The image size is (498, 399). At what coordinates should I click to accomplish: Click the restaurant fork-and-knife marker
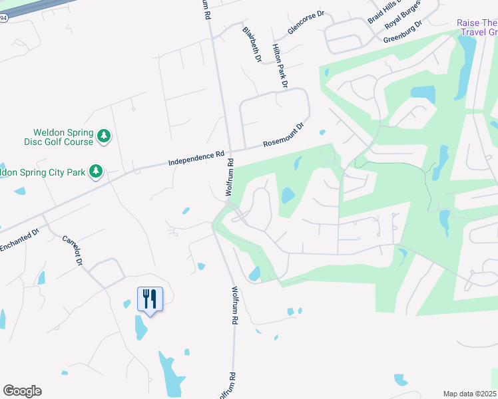pyautogui.click(x=149, y=299)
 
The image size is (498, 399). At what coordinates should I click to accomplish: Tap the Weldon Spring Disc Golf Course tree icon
pyautogui.click(x=103, y=136)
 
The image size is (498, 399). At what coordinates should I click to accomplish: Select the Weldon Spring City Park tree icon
pyautogui.click(x=96, y=172)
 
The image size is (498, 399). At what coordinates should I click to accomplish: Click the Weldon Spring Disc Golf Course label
pyautogui.click(x=63, y=137)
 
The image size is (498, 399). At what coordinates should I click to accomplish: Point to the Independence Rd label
pyautogui.click(x=196, y=157)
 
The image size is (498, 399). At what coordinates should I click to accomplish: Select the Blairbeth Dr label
pyautogui.click(x=252, y=45)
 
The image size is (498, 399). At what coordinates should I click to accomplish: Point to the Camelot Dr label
pyautogui.click(x=71, y=250)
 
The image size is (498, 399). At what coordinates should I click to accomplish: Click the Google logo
pyautogui.click(x=22, y=391)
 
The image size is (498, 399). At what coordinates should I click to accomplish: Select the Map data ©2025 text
pyautogui.click(x=469, y=394)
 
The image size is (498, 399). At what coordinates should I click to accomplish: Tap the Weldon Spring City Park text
pyautogui.click(x=43, y=172)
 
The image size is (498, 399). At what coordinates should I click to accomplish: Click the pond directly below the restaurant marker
pyautogui.click(x=141, y=327)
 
